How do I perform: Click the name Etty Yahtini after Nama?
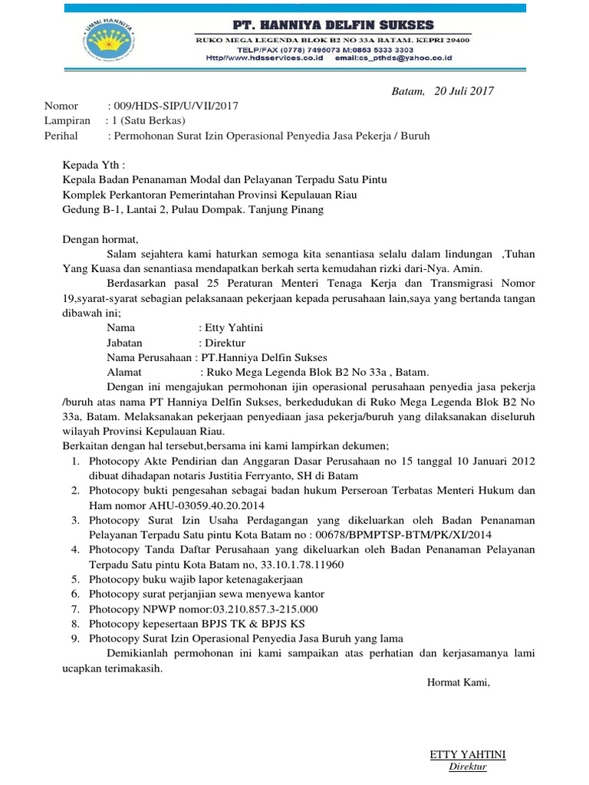point(233,327)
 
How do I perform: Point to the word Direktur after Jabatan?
point(225,343)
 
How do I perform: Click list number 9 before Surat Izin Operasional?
point(75,638)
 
